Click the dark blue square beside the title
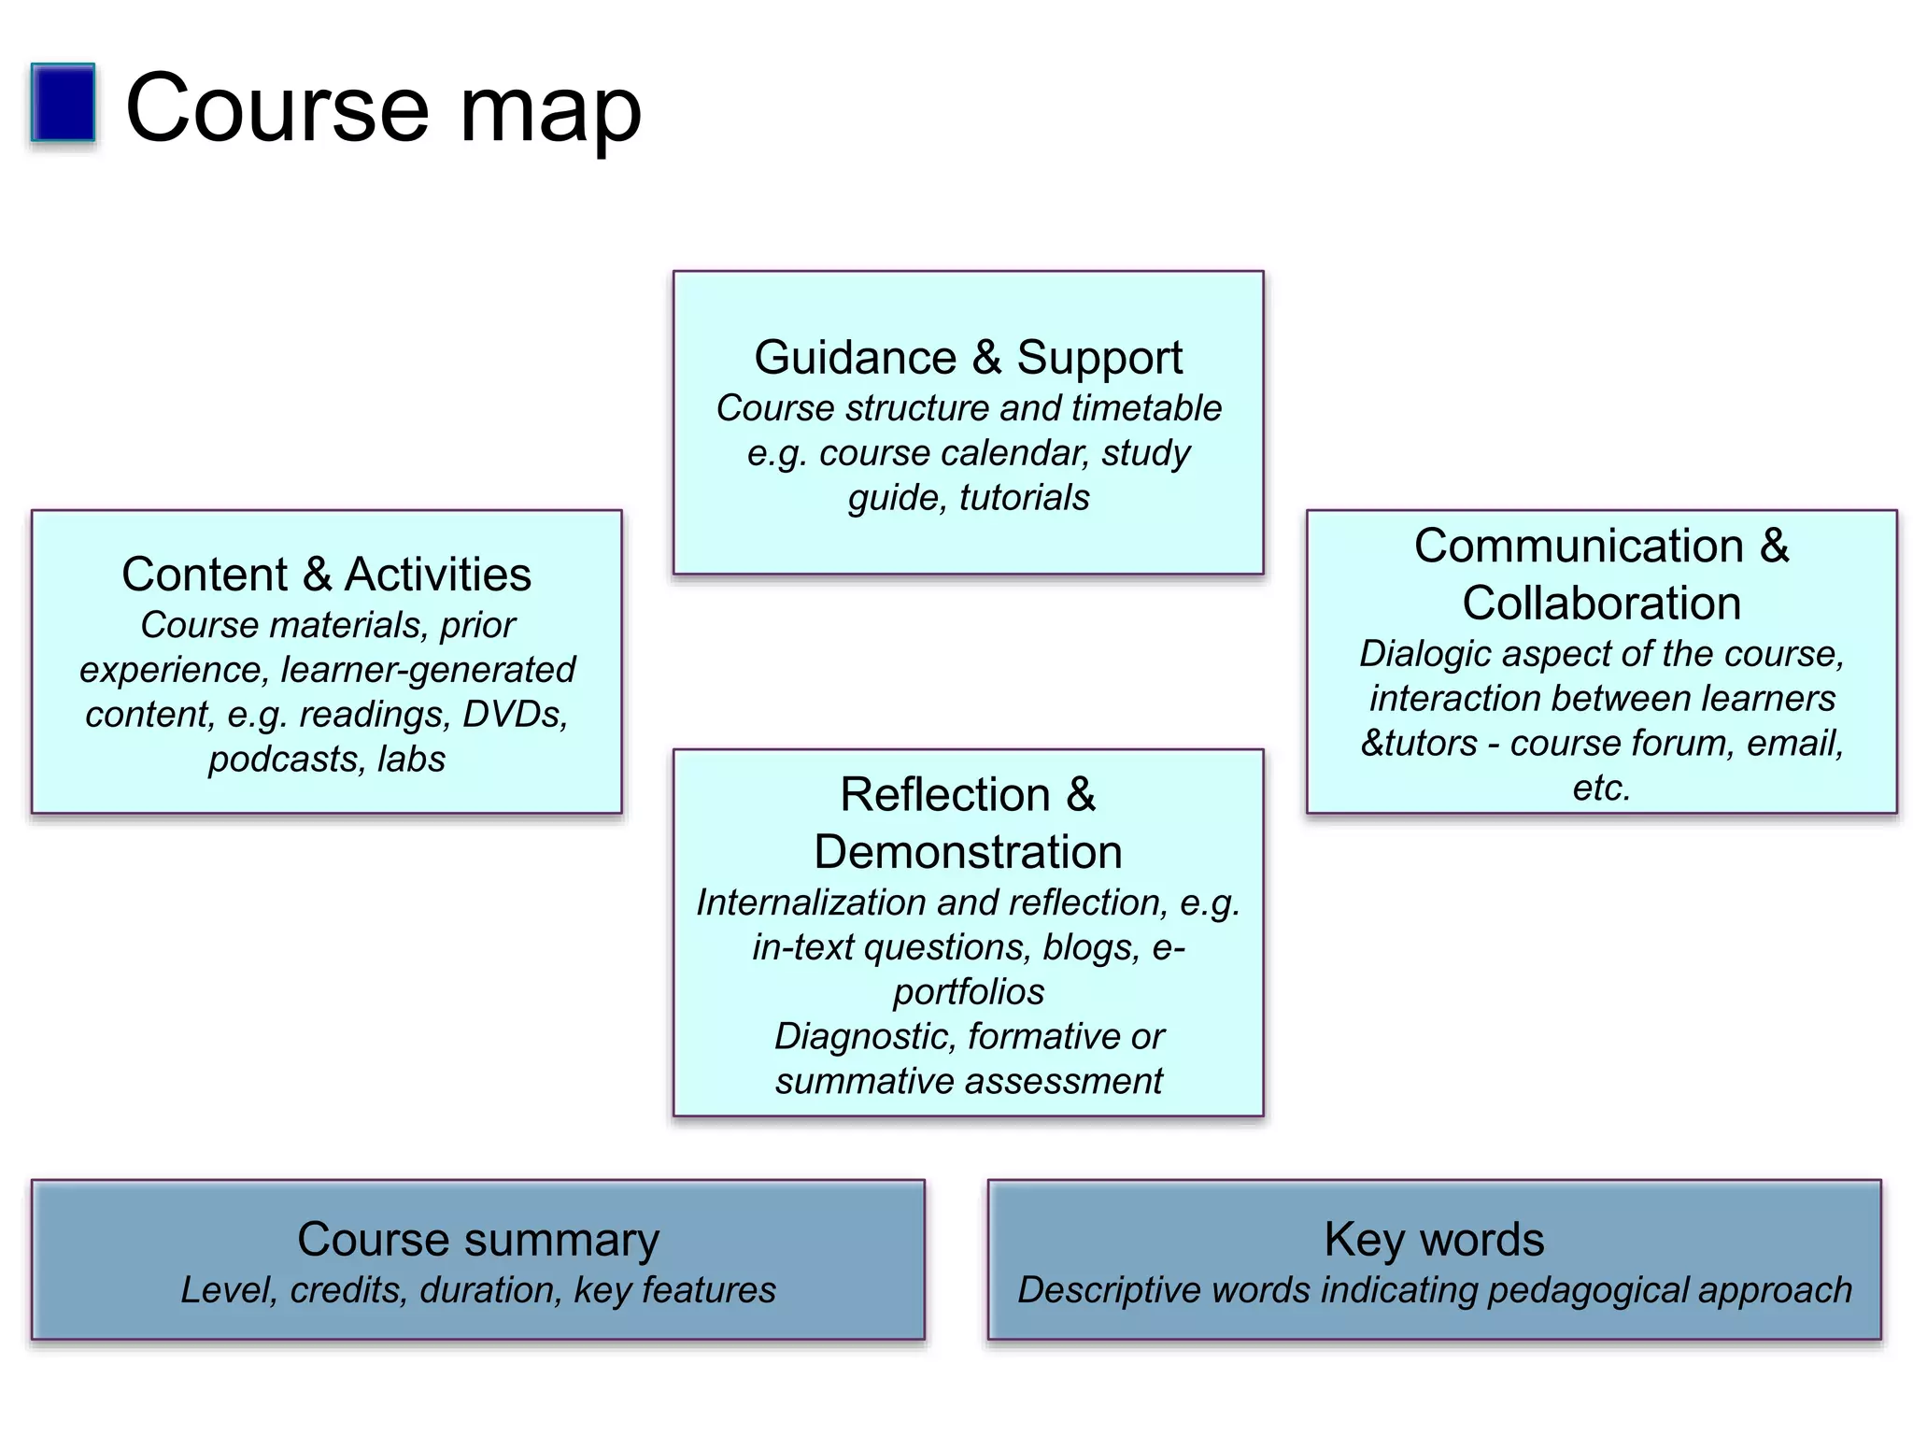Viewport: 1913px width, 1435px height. pos(63,103)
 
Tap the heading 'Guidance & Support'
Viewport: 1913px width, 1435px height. pos(968,358)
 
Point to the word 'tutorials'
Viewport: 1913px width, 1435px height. pos(1024,498)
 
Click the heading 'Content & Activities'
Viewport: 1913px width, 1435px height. pos(326,574)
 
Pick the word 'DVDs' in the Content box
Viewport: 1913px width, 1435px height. pos(515,715)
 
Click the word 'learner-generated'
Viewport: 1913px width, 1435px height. pos(428,670)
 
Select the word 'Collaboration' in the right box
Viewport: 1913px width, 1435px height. pos(1601,603)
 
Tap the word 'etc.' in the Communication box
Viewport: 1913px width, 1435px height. pos(1601,789)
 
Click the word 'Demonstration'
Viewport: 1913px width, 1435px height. pos(968,852)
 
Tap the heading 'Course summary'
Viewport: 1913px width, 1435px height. pos(477,1240)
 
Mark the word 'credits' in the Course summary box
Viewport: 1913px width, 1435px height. pos(348,1290)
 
